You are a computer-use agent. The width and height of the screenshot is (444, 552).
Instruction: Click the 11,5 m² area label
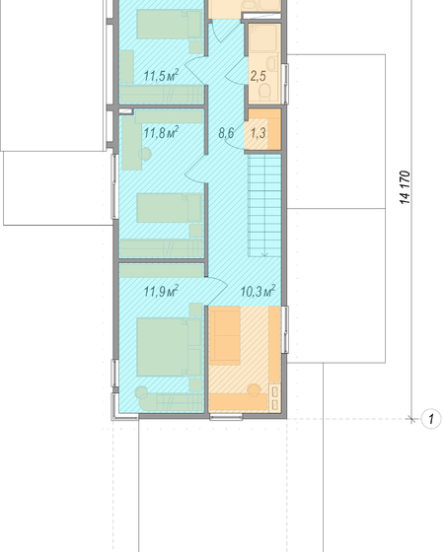click(x=161, y=75)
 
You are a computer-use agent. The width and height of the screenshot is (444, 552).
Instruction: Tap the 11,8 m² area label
click(x=161, y=133)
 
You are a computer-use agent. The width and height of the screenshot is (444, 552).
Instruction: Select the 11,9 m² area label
click(x=161, y=291)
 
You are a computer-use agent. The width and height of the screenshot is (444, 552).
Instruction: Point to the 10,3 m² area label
click(x=258, y=291)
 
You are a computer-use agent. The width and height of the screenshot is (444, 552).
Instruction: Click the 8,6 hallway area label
click(x=226, y=133)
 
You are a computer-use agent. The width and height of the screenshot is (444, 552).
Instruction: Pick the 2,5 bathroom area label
click(x=259, y=76)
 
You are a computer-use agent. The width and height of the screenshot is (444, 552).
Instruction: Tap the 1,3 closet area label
click(x=259, y=133)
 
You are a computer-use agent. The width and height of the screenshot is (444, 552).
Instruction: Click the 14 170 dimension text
click(x=406, y=187)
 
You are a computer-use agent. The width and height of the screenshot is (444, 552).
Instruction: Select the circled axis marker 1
click(x=431, y=419)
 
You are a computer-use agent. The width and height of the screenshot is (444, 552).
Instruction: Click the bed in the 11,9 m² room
click(x=169, y=347)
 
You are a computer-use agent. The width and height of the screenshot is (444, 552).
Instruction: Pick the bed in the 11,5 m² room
click(x=169, y=24)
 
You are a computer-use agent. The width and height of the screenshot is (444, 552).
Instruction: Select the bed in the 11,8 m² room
click(x=169, y=208)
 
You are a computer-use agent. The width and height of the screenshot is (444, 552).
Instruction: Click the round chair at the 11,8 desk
click(x=145, y=154)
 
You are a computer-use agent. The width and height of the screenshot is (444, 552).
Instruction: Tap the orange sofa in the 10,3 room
click(x=225, y=335)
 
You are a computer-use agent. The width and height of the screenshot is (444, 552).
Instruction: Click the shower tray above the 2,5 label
click(x=264, y=38)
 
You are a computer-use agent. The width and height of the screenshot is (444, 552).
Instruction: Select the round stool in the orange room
click(x=255, y=390)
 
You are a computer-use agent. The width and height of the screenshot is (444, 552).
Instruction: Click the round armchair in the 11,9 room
click(x=142, y=393)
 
